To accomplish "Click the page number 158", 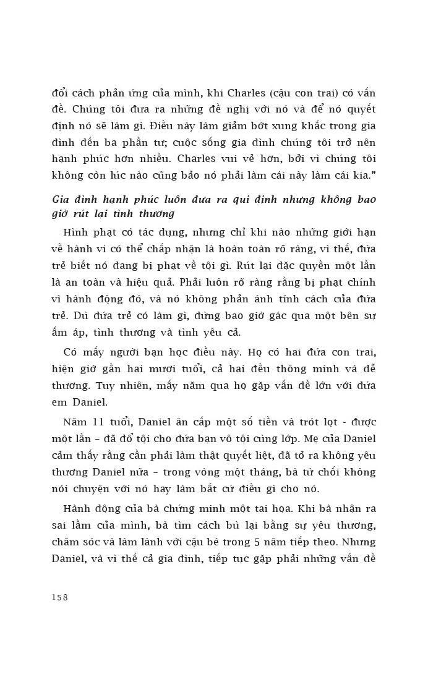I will tap(59, 597).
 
